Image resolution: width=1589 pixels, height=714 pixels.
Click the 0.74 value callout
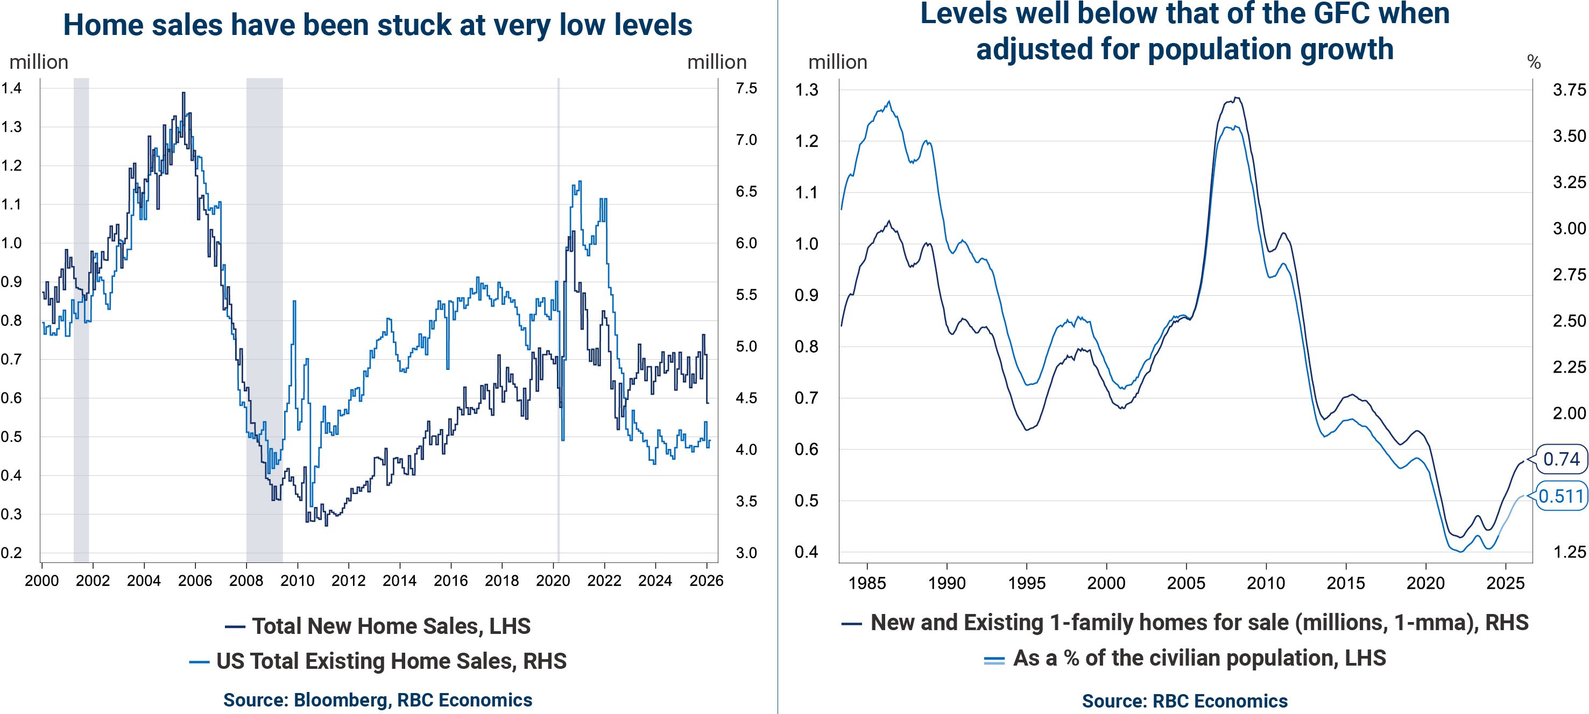[1561, 459]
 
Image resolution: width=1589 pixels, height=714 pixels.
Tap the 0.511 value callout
[1561, 496]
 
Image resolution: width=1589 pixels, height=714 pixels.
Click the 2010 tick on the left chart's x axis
[298, 581]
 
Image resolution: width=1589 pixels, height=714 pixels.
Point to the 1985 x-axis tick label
[867, 583]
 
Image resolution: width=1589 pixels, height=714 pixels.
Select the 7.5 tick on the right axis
[746, 88]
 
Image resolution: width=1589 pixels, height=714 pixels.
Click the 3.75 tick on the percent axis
[1569, 90]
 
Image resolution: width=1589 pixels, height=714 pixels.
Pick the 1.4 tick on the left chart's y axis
[11, 88]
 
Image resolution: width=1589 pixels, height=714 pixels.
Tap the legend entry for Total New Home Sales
[378, 626]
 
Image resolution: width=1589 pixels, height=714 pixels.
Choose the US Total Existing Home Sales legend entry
[378, 661]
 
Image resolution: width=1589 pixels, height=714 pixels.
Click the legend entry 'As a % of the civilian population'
[1184, 659]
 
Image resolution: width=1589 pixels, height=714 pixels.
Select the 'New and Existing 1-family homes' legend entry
[1184, 623]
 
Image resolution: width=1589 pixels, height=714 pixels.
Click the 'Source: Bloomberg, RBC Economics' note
[378, 700]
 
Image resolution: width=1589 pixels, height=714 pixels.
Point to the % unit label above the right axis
[1534, 62]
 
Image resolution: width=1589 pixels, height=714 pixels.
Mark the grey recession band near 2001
[81, 308]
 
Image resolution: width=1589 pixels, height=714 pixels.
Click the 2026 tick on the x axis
[707, 581]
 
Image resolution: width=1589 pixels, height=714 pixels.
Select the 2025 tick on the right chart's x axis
[1505, 583]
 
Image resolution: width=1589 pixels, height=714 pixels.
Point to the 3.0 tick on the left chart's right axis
[746, 553]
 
